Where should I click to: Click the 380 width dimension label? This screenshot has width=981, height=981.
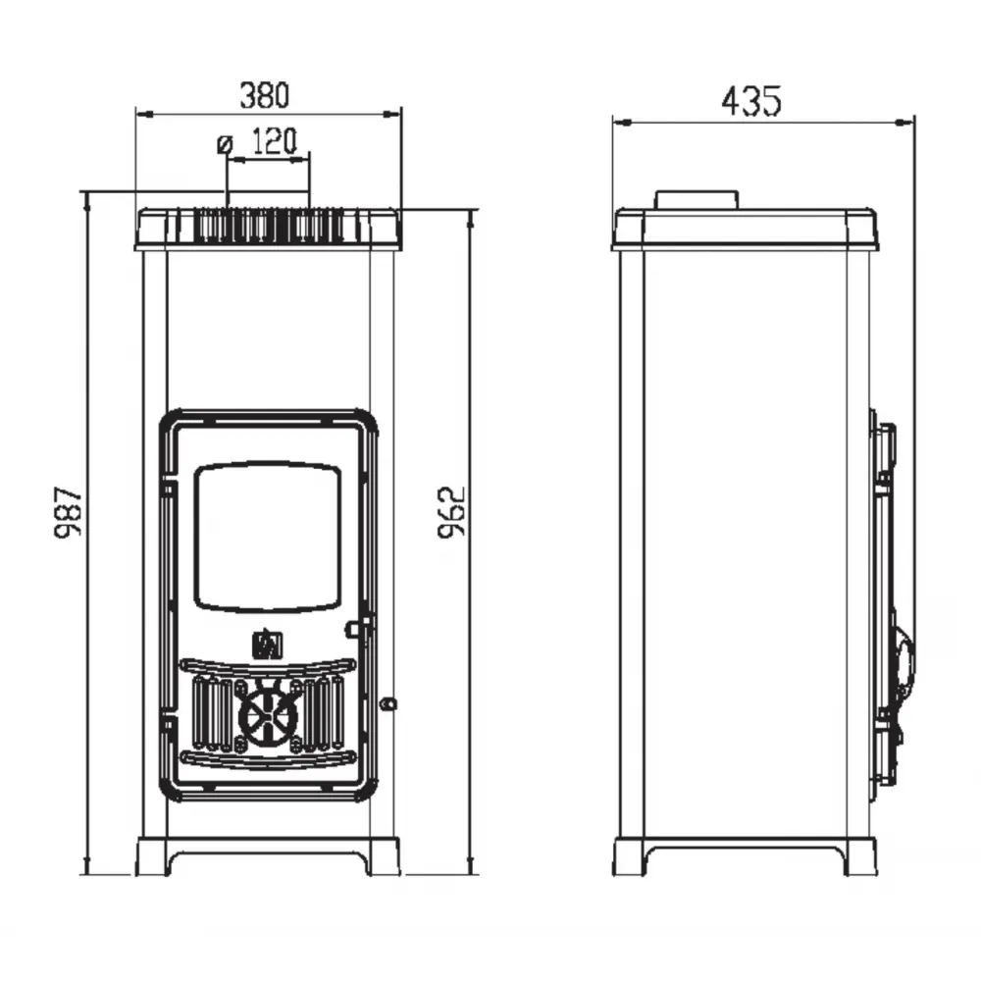pyautogui.click(x=265, y=96)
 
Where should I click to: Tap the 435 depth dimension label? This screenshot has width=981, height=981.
pyautogui.click(x=751, y=101)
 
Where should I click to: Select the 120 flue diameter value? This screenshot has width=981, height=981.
pyautogui.click(x=274, y=142)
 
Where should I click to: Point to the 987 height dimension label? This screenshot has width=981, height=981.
pyautogui.click(x=68, y=512)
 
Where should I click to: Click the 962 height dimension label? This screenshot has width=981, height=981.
pyautogui.click(x=451, y=512)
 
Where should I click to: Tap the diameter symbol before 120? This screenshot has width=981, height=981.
pyautogui.click(x=225, y=144)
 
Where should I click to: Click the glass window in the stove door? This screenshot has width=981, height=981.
pyautogui.click(x=268, y=538)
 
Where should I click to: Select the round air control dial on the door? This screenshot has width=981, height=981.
pyautogui.click(x=268, y=714)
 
